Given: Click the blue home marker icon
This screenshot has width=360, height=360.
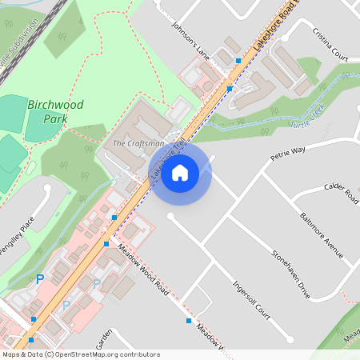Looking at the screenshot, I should (180, 172).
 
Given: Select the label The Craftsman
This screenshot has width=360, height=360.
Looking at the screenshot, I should (138, 143).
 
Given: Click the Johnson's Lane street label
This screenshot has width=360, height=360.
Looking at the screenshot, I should (190, 41).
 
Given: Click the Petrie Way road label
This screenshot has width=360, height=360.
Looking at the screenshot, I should (288, 152).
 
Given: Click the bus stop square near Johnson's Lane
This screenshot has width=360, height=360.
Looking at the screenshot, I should (238, 61).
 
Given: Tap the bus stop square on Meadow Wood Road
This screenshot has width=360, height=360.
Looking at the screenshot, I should (189, 321).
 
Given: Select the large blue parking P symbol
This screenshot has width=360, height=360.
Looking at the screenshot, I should (39, 279).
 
